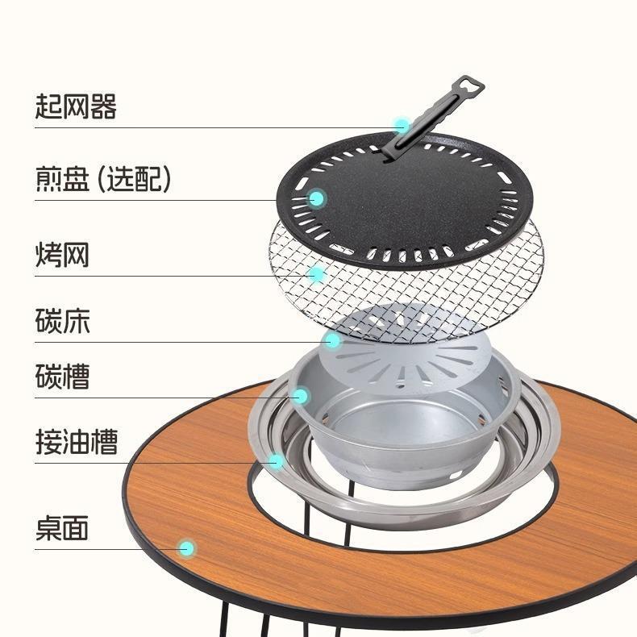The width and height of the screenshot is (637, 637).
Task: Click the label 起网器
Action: tap(76, 106)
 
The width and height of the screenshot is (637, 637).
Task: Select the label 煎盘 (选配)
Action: tap(103, 179)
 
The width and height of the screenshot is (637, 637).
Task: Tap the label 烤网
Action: tap(62, 255)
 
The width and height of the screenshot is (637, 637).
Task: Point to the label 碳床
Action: tap(62, 321)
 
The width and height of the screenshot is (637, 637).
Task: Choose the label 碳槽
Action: tap(62, 377)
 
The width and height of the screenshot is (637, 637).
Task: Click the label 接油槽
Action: tap(76, 442)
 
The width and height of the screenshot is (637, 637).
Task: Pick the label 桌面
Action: tap(62, 529)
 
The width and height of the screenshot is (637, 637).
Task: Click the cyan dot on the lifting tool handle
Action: tap(402, 126)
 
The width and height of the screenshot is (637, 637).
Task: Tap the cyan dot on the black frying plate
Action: tap(318, 198)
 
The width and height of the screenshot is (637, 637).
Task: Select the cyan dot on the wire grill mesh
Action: tap(318, 275)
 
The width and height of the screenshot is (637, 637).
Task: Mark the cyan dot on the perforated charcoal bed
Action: tap(333, 341)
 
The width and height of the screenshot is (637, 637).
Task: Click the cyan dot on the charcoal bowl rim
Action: tap(301, 396)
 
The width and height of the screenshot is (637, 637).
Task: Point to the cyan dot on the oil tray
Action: tap(276, 461)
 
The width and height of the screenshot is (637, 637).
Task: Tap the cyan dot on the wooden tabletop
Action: tap(187, 548)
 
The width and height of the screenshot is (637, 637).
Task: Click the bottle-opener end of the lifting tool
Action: tap(466, 86)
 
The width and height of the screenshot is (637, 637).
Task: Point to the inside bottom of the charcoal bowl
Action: tap(403, 439)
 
